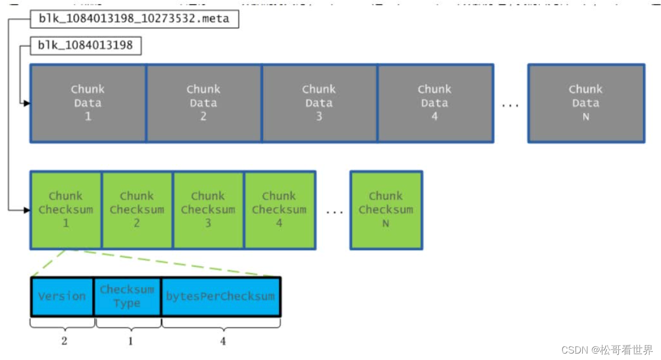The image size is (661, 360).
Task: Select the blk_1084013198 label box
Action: [85, 46]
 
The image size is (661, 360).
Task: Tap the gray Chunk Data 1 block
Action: [88, 103]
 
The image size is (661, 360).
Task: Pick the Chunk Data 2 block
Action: [204, 103]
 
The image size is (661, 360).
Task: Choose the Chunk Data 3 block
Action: [319, 103]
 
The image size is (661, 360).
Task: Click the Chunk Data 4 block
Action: [435, 103]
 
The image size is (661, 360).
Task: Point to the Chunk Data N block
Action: [585, 103]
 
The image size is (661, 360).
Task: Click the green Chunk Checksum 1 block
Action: [65, 210]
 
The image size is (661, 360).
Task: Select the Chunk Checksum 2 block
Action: [137, 210]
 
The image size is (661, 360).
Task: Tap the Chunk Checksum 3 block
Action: [208, 210]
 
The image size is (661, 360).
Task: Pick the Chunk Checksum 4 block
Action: [280, 210]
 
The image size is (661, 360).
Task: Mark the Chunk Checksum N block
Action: [386, 210]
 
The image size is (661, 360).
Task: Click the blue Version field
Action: [62, 296]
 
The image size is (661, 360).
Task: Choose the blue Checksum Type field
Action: [127, 296]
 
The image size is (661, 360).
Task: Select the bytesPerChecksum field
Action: [220, 296]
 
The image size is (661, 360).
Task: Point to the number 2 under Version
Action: [64, 341]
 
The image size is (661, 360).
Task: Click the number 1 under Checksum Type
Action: [130, 341]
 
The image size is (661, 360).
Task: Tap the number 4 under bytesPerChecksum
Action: [223, 341]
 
